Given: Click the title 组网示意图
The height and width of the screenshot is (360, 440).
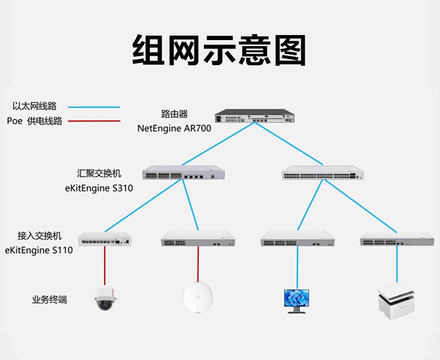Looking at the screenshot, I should click(219, 50).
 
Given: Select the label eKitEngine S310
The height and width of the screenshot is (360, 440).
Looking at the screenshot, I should click(99, 188).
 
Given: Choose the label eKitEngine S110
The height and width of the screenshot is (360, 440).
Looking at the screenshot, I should click(38, 250).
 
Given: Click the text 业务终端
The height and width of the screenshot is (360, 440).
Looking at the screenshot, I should click(50, 300).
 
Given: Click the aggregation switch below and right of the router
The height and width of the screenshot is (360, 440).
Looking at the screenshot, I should click(322, 175).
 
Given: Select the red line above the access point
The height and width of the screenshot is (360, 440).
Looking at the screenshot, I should click(198, 264).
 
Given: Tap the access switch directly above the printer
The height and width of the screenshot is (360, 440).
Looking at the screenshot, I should click(396, 239).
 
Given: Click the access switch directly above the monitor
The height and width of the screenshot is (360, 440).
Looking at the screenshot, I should click(297, 239).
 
